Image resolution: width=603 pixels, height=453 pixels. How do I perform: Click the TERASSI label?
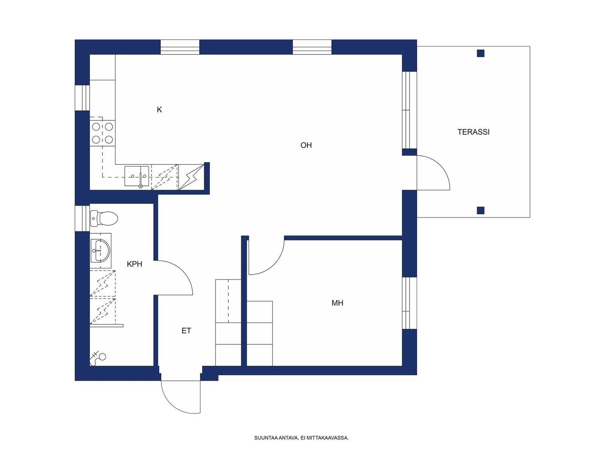pos(473,132)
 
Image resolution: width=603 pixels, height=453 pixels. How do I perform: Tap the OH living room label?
pos(306,145)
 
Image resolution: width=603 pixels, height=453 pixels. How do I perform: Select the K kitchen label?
pos(159,110)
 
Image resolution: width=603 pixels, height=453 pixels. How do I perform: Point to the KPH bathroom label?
pos(134,264)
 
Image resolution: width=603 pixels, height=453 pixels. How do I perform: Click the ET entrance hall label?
pos(186,331)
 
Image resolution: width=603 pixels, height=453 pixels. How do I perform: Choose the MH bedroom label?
pos(337,303)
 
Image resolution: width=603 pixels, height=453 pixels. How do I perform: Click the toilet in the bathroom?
pos(104,219)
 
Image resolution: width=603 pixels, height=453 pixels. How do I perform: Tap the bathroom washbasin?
pos(100,250)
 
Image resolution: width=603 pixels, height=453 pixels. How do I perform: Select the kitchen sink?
pos(137,176)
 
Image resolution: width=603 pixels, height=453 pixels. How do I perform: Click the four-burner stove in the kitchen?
pos(103,133)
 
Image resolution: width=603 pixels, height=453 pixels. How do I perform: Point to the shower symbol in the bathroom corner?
pos(98,358)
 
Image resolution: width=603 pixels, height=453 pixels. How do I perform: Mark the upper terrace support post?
pos(481,53)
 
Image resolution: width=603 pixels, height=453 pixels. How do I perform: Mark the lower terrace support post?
pos(481,210)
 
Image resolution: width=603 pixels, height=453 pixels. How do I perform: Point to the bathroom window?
pos(83,219)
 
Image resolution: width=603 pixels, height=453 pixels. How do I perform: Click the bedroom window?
pos(409,303)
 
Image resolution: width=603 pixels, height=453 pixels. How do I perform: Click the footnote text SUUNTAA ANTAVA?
pos(275,438)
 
